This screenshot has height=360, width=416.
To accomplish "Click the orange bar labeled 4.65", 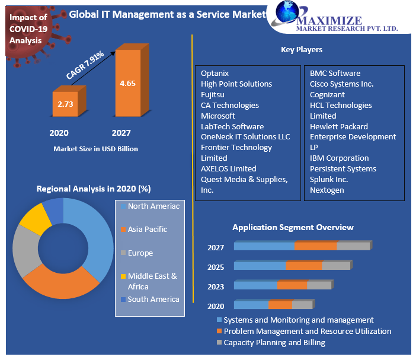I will click(127, 83).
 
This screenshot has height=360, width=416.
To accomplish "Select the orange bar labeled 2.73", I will click(65, 104).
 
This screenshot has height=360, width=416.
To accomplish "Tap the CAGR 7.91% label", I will click(85, 65).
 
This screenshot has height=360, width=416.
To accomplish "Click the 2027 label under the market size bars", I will click(121, 133).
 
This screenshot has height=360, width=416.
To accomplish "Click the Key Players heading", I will click(301, 50).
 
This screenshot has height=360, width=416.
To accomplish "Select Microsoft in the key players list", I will click(218, 116).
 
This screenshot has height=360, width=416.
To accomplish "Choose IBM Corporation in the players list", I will click(339, 158).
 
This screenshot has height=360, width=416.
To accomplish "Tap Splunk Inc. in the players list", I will click(329, 179).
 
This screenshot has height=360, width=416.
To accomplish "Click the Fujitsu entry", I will click(213, 94).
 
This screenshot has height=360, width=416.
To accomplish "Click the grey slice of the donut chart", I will click(24, 250).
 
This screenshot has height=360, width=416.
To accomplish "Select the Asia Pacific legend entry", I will click(147, 229).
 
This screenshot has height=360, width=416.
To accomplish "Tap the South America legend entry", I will click(153, 299).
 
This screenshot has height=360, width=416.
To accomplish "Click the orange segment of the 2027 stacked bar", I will click(315, 246).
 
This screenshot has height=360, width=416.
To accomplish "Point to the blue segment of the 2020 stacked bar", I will click(251, 305).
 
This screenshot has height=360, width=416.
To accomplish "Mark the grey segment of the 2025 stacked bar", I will click(336, 266).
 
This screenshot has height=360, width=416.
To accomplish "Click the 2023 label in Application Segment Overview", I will click(216, 287).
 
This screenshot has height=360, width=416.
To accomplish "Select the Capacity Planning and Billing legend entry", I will click(274, 342).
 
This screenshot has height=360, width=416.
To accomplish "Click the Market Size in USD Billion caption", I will click(95, 149).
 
